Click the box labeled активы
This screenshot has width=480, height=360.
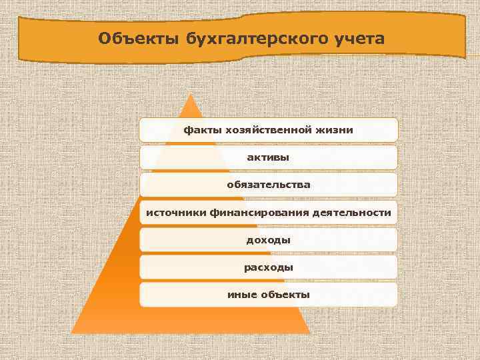tap(268, 157)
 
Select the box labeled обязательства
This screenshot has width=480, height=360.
tap(268, 184)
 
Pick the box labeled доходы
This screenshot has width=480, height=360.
tap(268, 239)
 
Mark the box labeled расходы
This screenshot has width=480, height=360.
tap(268, 267)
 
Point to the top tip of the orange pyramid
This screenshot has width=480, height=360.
tap(191, 95)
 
